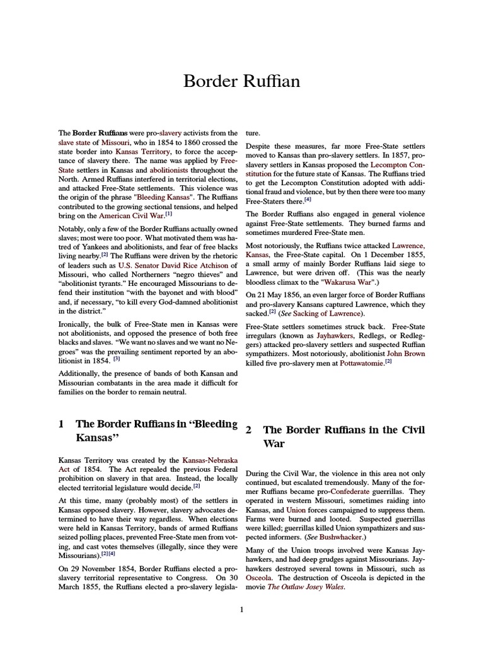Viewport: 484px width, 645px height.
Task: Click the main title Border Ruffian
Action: (241, 81)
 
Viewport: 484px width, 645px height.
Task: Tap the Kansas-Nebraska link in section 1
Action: (210, 460)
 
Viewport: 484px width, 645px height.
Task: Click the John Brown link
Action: (406, 354)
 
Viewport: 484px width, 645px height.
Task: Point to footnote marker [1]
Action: (169, 214)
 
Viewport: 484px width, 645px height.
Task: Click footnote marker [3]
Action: (116, 359)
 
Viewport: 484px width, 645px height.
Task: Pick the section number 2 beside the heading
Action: (249, 430)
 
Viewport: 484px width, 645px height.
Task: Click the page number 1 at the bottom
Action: (241, 610)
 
